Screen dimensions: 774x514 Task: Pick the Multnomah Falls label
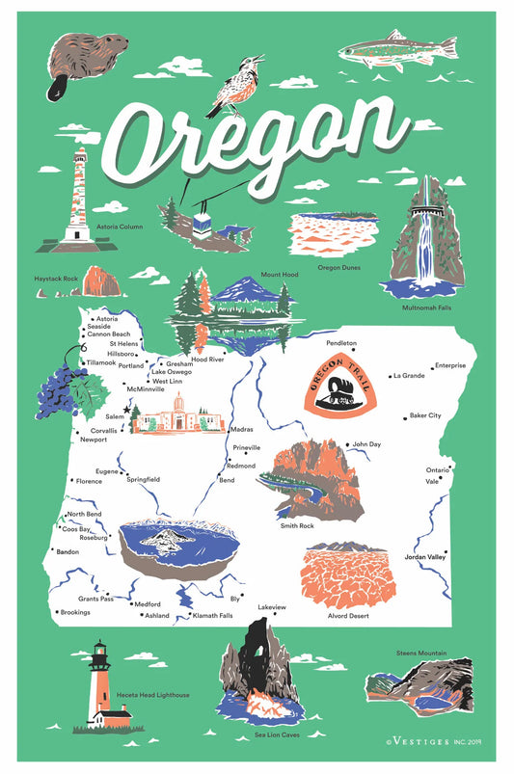tap(425, 307)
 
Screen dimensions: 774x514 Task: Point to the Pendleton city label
tap(341, 342)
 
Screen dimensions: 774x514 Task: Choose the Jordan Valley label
tap(424, 557)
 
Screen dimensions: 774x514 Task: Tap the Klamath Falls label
tap(212, 615)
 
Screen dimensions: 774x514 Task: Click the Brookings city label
tap(74, 612)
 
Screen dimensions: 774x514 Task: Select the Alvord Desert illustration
tap(348, 575)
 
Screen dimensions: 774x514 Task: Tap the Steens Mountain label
tap(421, 654)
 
